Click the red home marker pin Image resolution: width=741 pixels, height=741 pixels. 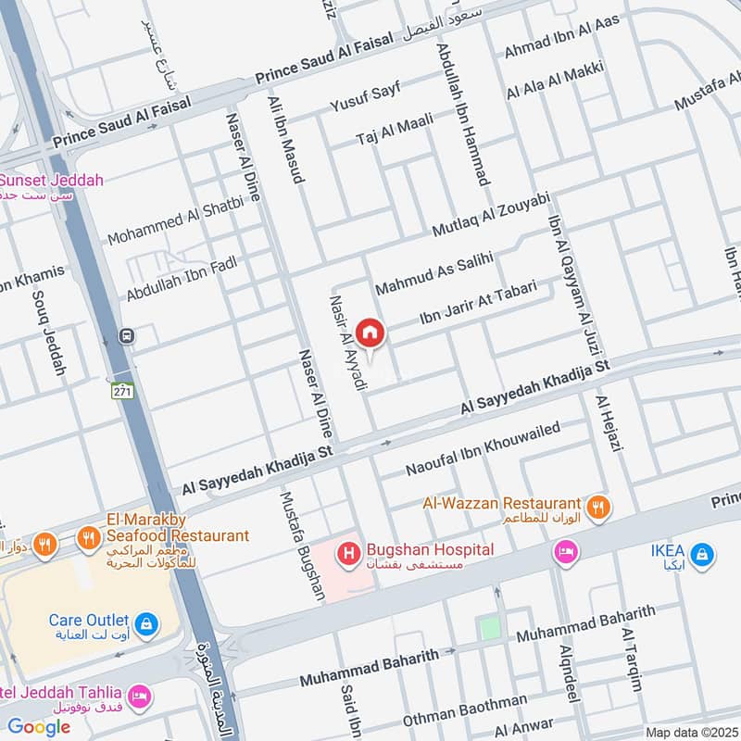pos(370,333)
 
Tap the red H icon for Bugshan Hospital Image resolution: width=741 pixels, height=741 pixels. pos(349,555)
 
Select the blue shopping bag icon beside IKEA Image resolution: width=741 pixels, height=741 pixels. pos(702,555)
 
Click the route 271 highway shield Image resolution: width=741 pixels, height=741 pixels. pos(121,392)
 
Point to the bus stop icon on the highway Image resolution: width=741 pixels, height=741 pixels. pos(122,336)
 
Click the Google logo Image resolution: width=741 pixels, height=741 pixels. pos(39,727)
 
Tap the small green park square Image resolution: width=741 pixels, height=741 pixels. pos(489,628)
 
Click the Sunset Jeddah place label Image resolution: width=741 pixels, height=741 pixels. pos(53,180)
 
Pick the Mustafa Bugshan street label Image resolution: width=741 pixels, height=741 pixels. pos(303,546)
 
